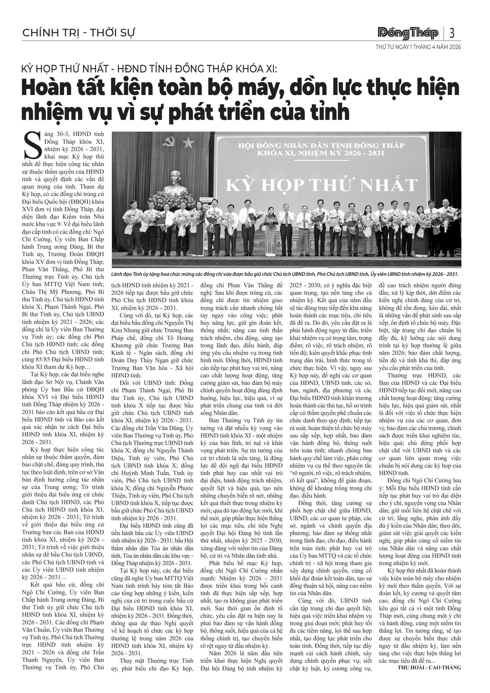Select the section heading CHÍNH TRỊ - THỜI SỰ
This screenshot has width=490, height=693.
click(x=79, y=33)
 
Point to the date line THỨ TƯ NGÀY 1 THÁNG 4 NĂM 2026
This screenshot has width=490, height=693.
click(x=418, y=47)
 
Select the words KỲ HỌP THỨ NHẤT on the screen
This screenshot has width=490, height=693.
click(x=322, y=185)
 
